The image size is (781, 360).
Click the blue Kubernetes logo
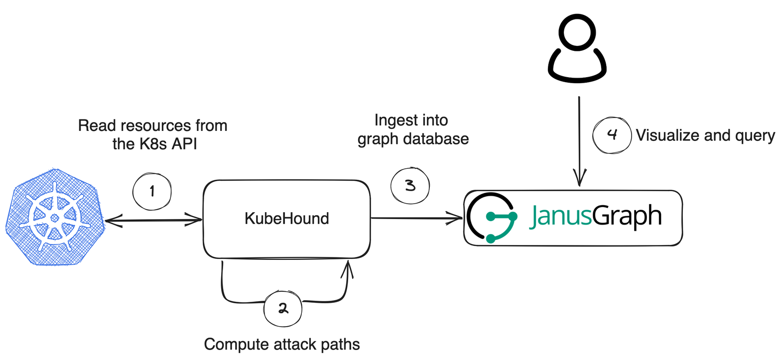click(x=55, y=217)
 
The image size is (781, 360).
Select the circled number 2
click(x=282, y=309)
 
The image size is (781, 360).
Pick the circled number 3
click(x=409, y=186)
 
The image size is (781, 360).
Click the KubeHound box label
click(x=287, y=218)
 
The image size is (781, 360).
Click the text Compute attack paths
click(x=282, y=344)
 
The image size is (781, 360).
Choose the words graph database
click(x=413, y=138)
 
